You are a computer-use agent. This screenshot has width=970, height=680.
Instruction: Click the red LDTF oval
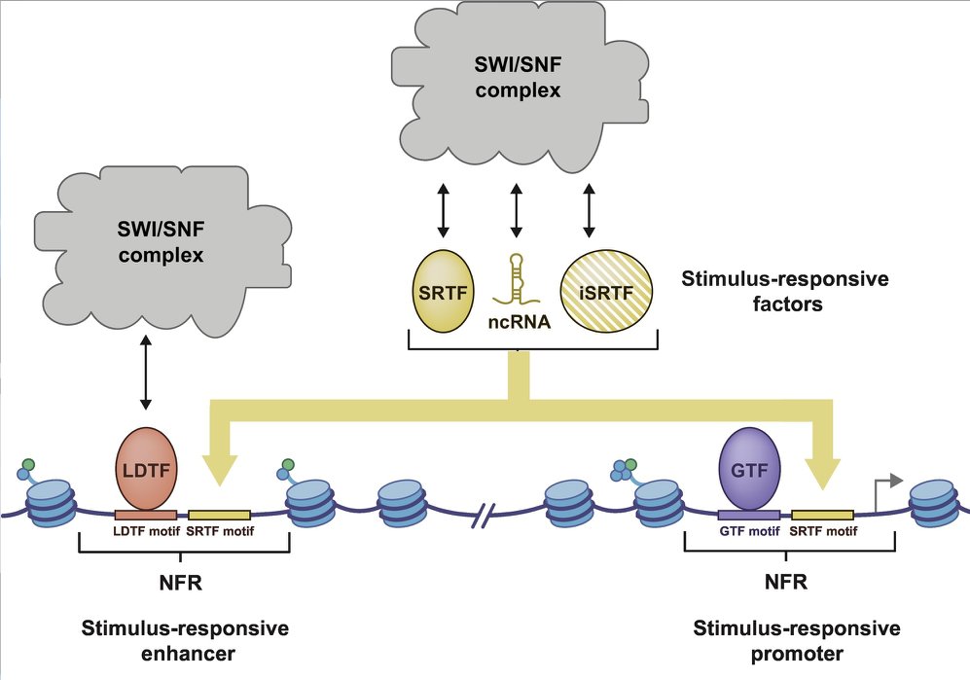coord(145,468)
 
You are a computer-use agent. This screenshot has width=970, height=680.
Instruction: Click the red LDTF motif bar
coord(145,513)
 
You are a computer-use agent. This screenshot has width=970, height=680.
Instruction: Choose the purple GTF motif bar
coord(748,514)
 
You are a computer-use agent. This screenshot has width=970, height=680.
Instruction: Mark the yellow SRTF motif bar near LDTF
coord(218,513)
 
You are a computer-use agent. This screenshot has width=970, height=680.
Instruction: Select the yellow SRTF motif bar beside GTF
coord(822,514)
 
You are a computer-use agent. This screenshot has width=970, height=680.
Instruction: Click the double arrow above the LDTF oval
coord(145,371)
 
